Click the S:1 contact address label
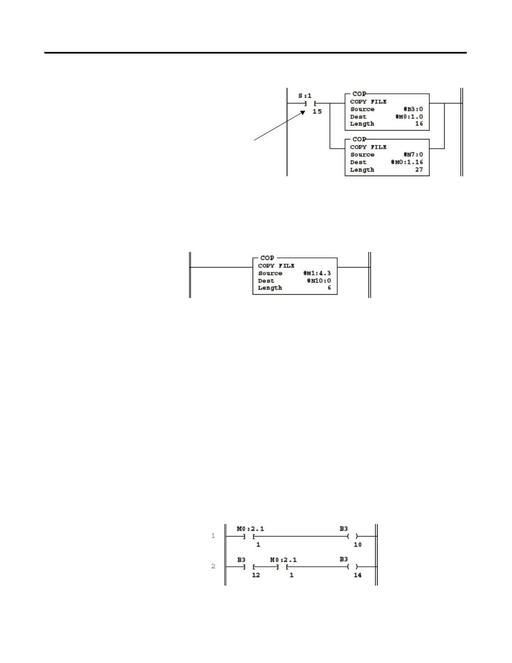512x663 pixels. (x=305, y=96)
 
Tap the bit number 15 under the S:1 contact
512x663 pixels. (x=317, y=111)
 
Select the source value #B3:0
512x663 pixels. (x=413, y=109)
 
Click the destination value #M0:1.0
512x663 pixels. (x=409, y=117)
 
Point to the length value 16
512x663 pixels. (x=419, y=124)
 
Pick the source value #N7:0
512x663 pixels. (x=413, y=154)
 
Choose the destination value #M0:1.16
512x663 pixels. (x=407, y=162)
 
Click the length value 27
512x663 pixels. (x=419, y=170)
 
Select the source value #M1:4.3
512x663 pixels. (x=317, y=273)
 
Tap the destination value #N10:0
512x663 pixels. (x=319, y=281)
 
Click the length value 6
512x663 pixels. (x=329, y=288)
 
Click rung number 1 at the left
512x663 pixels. (x=213, y=536)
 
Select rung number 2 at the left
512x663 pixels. (x=213, y=566)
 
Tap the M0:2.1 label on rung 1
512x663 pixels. (x=250, y=529)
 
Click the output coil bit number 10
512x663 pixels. (x=357, y=545)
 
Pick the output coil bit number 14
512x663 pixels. (x=357, y=575)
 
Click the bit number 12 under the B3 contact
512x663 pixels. (x=256, y=575)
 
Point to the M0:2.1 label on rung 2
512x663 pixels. (x=283, y=560)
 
